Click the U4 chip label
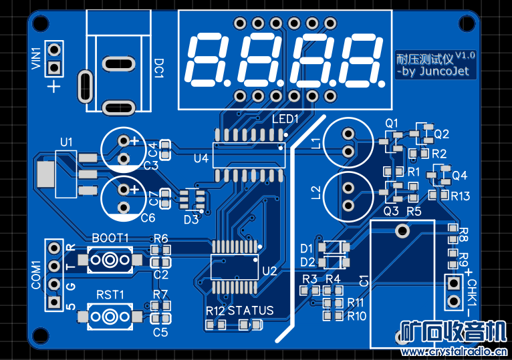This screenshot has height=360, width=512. (x=201, y=158)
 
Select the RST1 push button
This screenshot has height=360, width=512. (x=110, y=315)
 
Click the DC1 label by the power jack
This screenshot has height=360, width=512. (x=159, y=68)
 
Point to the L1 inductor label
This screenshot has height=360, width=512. (x=317, y=141)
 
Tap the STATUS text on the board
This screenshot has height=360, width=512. (x=251, y=311)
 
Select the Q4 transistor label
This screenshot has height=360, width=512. (x=460, y=176)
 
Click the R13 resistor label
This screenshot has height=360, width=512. (x=461, y=196)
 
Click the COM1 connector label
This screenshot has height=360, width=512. (x=37, y=275)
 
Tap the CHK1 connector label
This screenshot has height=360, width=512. (x=473, y=294)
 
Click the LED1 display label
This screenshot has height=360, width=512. (x=285, y=119)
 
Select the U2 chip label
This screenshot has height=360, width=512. (x=269, y=271)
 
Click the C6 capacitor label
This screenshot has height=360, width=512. (x=148, y=218)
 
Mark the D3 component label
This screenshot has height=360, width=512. (x=191, y=218)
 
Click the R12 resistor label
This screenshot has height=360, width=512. (x=215, y=311)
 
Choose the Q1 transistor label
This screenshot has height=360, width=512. (x=392, y=122)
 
